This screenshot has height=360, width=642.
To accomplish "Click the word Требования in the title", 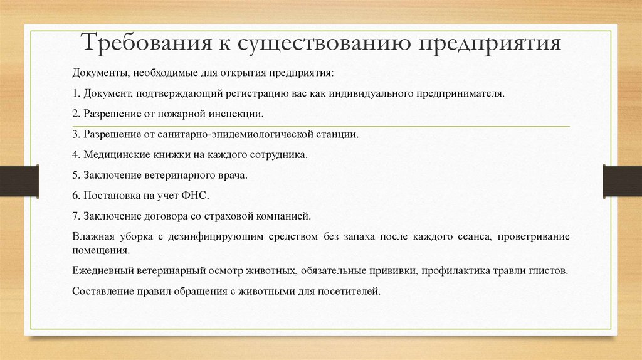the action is click(x=147, y=42).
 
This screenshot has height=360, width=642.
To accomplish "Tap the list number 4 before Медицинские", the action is click(x=76, y=155).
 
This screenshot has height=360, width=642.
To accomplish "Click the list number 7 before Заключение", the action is click(x=76, y=216).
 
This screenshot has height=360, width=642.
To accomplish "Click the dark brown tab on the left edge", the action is click(x=19, y=181).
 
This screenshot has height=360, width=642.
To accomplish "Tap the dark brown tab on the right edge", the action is click(x=623, y=181).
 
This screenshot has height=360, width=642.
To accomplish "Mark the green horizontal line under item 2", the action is click(x=321, y=127).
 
